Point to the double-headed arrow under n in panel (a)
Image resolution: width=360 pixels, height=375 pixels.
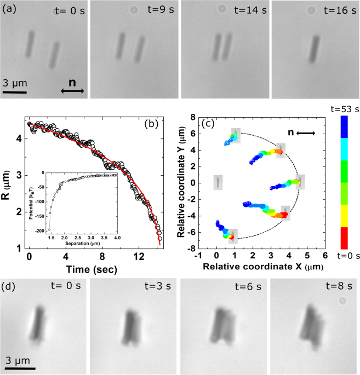point(71,91)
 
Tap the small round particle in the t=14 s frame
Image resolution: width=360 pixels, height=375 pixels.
point(221,9)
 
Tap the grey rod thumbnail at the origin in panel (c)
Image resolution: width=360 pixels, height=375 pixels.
point(218,182)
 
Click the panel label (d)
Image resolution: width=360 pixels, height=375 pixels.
point(10,286)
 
